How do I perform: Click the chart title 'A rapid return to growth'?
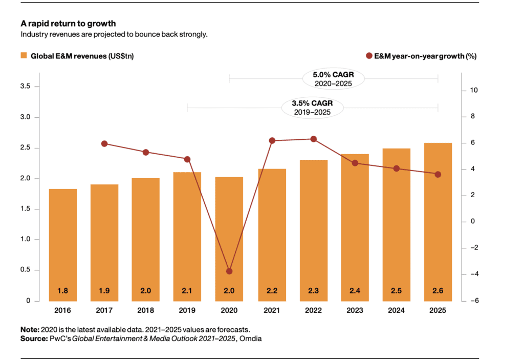pos(68,24)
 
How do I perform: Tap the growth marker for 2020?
pos(229,271)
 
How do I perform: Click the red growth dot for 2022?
pos(314,139)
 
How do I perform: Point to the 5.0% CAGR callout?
pos(333,78)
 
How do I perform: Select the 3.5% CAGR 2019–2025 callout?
pos(312,108)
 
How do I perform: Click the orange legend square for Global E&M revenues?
pos(24,55)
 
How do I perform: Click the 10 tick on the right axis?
pos(473,91)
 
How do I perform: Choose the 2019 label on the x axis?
pos(187,311)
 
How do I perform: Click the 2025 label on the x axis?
pos(438,311)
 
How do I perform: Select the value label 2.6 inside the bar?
pos(438,291)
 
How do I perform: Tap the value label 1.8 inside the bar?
pos(63,291)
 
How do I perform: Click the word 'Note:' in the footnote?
pos(30,330)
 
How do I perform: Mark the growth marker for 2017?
pos(104,144)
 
